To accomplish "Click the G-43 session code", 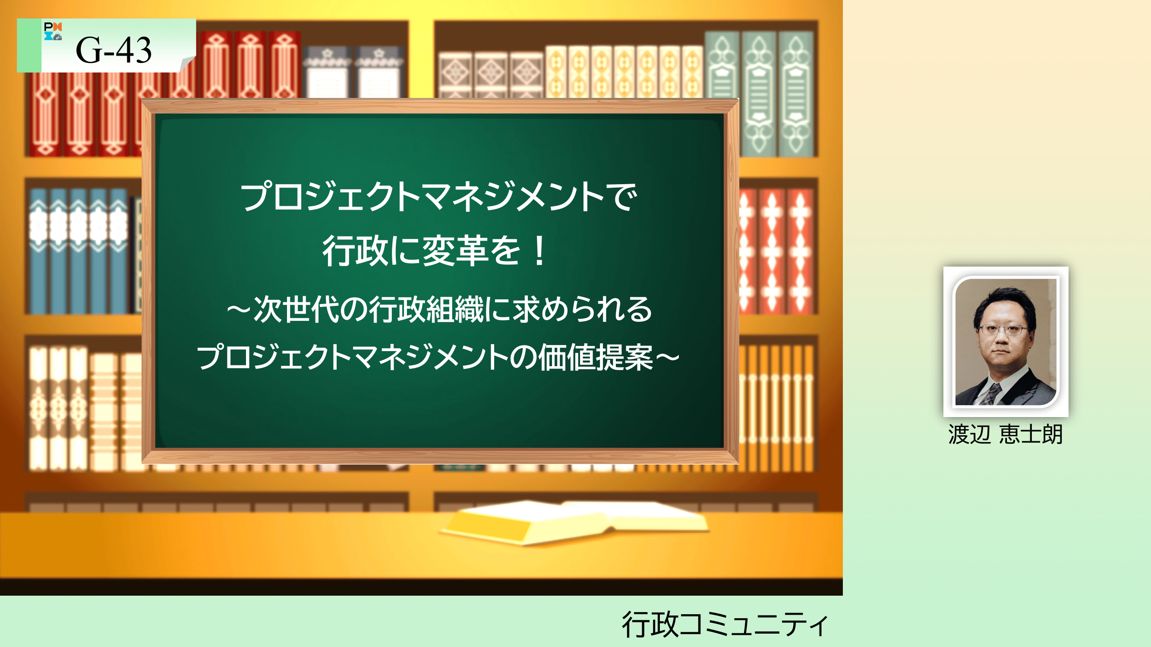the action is click(114, 50).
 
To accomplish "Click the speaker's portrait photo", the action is click(1005, 342).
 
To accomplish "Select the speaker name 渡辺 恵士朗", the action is click(1005, 434).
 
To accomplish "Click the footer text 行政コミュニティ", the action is click(725, 624).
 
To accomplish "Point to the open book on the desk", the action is click(574, 521).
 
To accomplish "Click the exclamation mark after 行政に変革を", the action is click(540, 251).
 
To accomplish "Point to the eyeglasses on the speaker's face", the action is click(1003, 330).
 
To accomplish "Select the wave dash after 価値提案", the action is click(667, 358).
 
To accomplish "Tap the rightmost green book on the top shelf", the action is click(795, 93).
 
